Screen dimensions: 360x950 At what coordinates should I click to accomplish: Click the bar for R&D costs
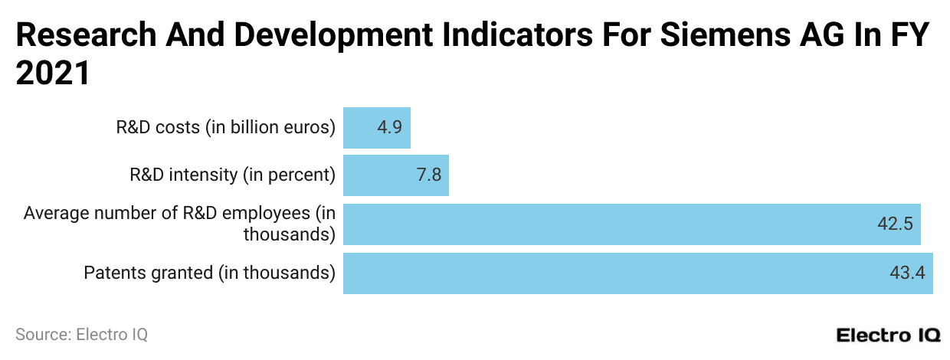376,127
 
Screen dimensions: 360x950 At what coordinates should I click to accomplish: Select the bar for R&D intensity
395,175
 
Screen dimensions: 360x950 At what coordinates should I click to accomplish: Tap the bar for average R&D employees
631,224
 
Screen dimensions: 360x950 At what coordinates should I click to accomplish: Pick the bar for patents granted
637,273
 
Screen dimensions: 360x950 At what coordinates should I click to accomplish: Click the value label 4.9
389,127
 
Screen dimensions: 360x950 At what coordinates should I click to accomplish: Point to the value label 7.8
428,175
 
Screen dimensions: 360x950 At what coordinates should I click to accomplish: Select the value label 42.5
895,224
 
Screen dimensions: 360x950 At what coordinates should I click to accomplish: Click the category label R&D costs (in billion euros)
226,127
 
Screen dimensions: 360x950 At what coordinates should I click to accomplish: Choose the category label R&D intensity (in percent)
233,175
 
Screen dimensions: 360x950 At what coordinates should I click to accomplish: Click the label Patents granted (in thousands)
210,273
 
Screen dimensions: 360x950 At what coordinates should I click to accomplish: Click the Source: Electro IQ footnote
81,335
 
